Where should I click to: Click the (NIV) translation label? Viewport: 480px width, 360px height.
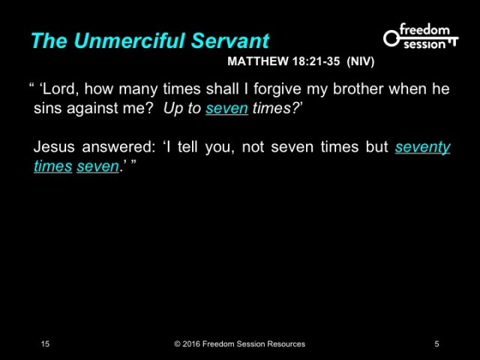coord(361,61)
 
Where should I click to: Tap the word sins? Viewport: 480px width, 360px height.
coord(48,108)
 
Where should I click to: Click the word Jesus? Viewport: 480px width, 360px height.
coord(53,147)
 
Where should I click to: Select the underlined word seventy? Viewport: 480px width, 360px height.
coord(422,147)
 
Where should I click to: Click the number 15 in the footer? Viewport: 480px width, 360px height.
coord(46,344)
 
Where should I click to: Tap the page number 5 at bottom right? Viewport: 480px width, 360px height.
coord(436,344)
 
